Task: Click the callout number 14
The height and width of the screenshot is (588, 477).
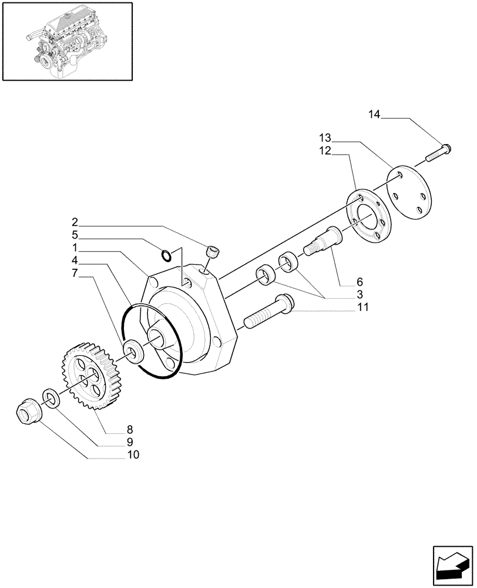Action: [x=375, y=115]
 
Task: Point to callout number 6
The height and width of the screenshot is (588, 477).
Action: [x=360, y=281]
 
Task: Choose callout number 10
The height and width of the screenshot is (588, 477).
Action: [x=133, y=455]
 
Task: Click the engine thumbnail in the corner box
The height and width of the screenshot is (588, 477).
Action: [x=66, y=41]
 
